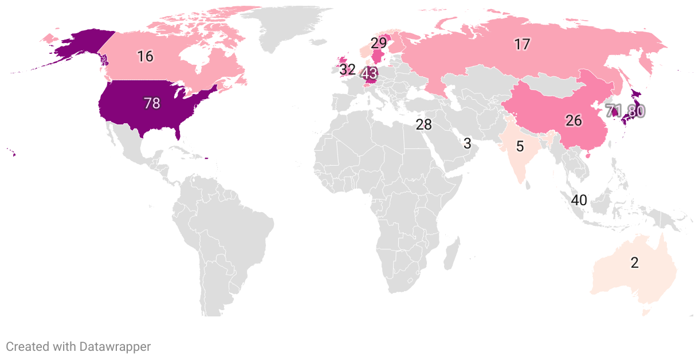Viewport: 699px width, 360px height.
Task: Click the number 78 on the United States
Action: (x=152, y=103)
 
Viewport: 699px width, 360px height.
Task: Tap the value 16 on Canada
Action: (x=145, y=56)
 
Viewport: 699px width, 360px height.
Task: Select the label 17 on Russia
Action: (x=521, y=44)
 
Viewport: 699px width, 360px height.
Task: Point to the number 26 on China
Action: (x=574, y=120)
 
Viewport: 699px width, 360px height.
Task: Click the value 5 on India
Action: (x=520, y=146)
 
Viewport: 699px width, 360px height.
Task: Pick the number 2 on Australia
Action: (x=634, y=263)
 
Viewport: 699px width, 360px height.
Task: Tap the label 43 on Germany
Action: (x=370, y=74)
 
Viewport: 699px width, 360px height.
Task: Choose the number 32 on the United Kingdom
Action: (x=347, y=70)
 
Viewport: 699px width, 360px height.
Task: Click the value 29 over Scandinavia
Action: (x=378, y=43)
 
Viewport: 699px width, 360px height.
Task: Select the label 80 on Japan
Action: (x=635, y=111)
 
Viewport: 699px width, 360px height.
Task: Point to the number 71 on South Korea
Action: (x=614, y=111)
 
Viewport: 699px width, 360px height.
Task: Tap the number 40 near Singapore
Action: (x=579, y=200)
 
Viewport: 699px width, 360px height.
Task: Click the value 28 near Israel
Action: (x=423, y=124)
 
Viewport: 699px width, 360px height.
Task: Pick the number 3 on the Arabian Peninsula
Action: (x=467, y=143)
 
